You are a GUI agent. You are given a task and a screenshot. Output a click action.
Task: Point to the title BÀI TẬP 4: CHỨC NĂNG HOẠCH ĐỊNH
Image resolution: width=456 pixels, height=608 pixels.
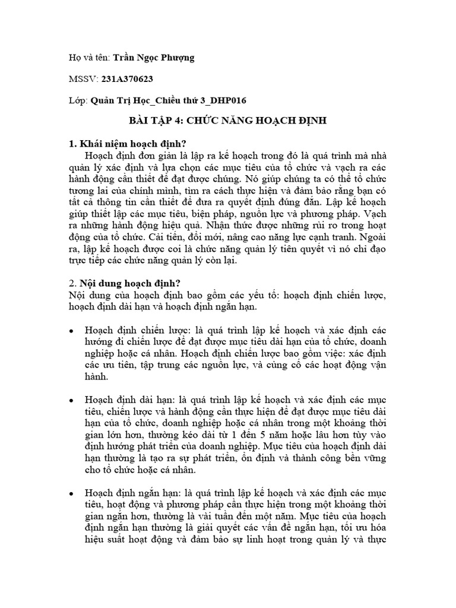pyautogui.click(x=228, y=122)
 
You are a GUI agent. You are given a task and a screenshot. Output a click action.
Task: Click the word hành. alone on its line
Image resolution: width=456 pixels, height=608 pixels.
pyautogui.click(x=97, y=378)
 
